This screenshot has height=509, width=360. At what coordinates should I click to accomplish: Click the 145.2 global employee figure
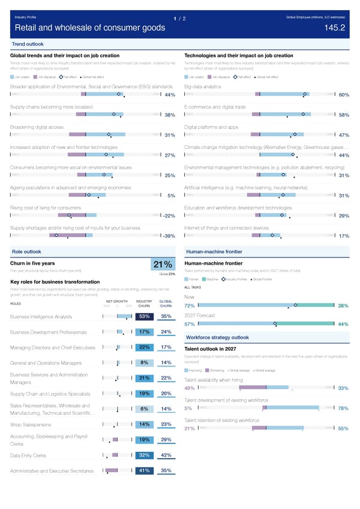[334, 28]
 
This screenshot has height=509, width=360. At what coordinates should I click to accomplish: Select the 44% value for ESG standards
[169, 95]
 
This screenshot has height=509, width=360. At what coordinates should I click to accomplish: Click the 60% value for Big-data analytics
[344, 95]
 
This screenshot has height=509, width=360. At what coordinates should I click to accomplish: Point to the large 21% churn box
[163, 265]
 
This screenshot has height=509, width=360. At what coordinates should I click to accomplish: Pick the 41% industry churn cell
[144, 471]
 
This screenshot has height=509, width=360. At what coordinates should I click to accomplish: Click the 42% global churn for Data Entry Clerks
[167, 455]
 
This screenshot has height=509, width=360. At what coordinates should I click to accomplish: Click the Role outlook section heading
[26, 251]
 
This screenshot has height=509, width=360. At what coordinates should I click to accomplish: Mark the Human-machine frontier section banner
[214, 251]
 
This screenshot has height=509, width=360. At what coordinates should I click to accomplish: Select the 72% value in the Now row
[190, 307]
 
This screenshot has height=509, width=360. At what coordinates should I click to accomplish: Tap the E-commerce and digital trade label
[215, 106]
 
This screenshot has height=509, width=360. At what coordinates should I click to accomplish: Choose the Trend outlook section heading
[28, 44]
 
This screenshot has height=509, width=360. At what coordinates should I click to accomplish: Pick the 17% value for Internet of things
[344, 236]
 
